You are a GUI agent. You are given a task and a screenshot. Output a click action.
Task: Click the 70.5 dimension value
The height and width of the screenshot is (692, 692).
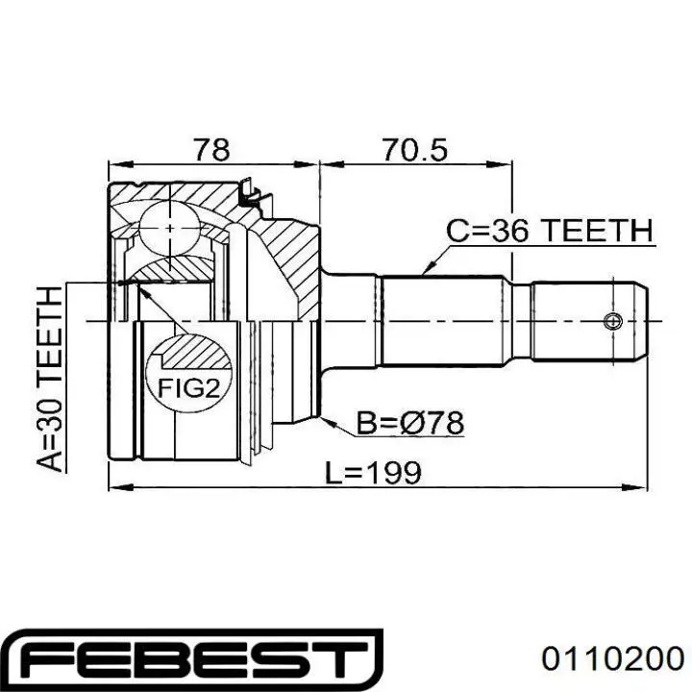pos(414,150)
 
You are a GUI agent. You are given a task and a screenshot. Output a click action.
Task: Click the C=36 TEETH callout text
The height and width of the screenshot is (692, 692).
pos(550,231)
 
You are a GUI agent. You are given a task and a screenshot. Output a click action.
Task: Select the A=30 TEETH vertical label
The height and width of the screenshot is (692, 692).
pos(49,380)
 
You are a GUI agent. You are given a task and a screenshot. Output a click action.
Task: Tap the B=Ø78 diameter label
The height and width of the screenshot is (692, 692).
pos(410,423)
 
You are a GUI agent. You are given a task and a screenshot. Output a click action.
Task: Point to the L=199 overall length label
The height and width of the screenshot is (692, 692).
pos(373,472)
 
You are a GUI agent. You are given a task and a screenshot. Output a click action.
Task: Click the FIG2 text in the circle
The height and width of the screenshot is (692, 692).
pos(189,388)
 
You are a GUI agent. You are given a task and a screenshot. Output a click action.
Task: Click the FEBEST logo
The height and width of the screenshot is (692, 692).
pos(193,659)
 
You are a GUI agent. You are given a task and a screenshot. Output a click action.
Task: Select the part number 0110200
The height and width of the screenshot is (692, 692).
pos(613,659)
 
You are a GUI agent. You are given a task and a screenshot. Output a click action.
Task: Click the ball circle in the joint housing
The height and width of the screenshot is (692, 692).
pos(169,228)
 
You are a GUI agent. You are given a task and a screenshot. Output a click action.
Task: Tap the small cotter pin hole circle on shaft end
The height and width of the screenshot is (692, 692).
pos(613,321)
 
